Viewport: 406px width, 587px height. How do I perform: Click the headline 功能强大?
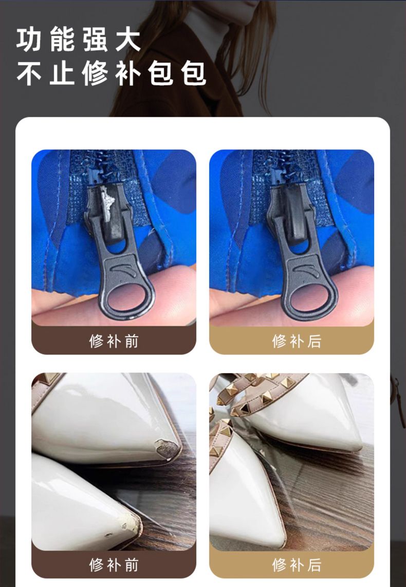78,40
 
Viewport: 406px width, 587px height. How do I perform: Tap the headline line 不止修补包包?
112,73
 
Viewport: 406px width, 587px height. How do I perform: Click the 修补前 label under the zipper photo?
114,341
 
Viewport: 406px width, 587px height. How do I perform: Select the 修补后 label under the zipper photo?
297,341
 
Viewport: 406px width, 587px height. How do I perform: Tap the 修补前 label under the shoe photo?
114,564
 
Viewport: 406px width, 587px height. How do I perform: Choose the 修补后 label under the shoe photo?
297,564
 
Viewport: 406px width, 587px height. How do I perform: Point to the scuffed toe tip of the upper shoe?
167,448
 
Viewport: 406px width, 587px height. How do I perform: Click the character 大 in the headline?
128,40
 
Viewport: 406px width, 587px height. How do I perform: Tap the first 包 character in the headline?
161,73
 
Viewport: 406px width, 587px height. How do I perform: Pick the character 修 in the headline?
95,73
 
